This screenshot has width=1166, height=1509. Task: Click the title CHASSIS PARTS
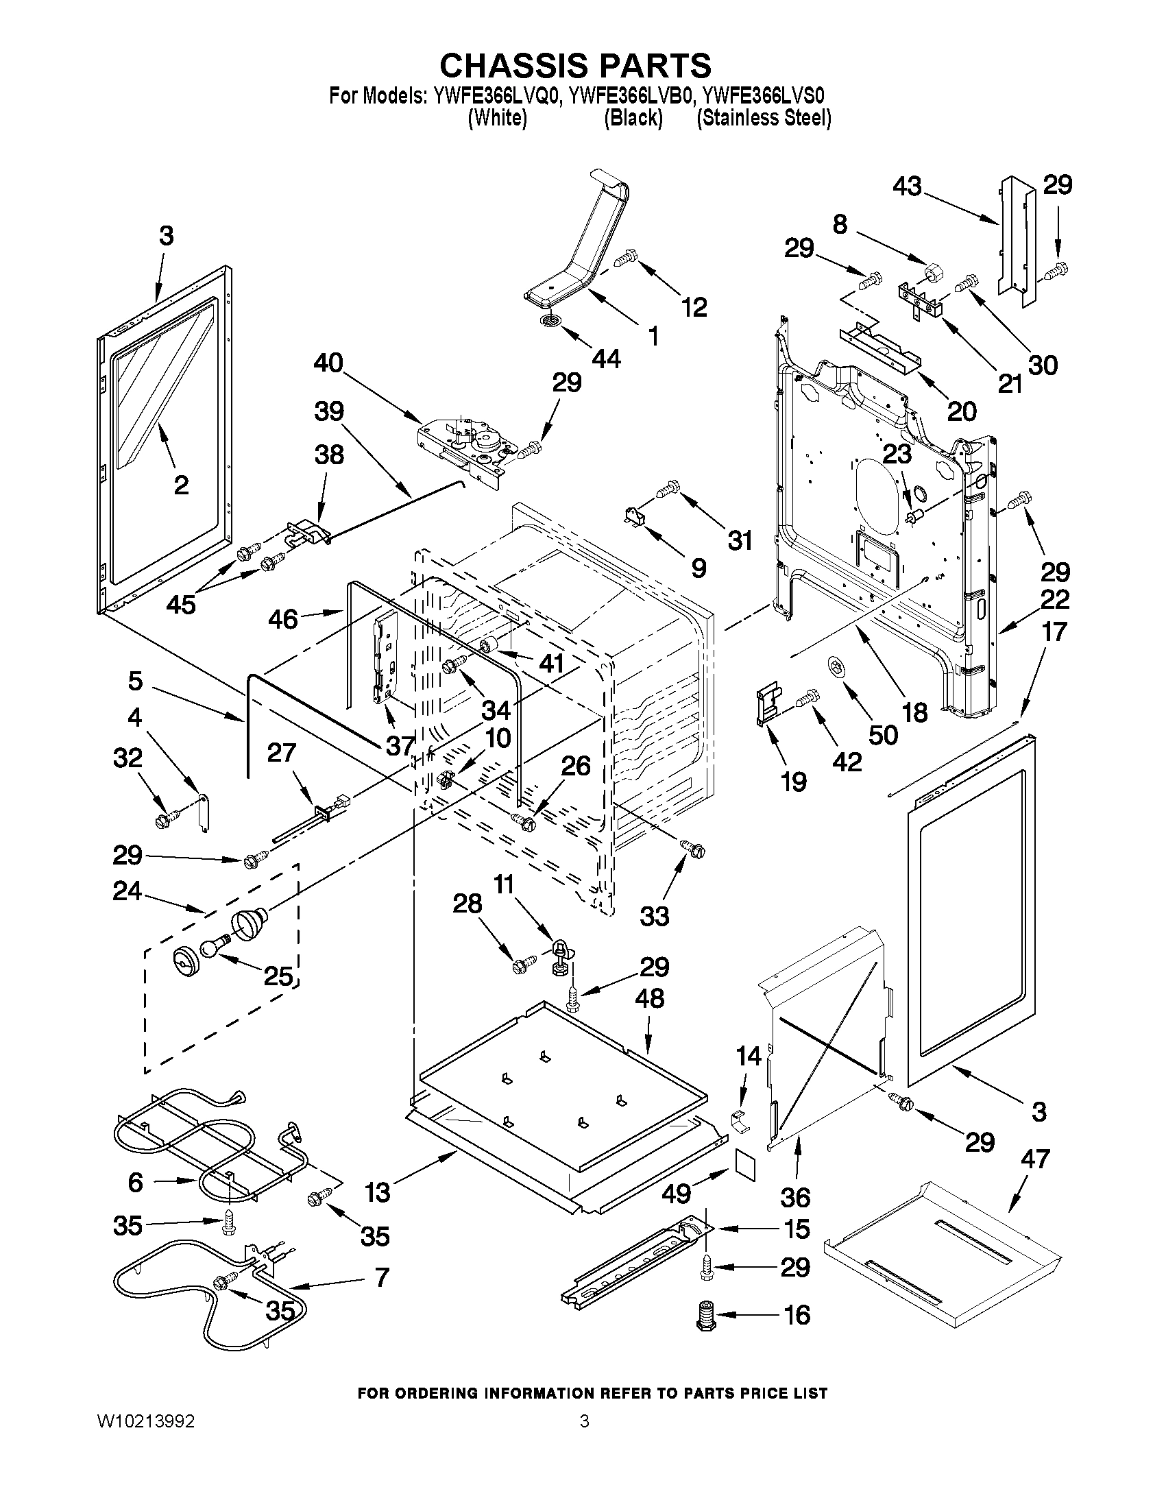[x=574, y=66]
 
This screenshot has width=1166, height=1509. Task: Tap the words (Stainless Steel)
[x=764, y=118]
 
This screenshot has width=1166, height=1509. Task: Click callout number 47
[x=1034, y=1159]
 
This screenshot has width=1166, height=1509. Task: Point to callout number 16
[x=797, y=1314]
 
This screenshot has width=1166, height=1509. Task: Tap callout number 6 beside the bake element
[x=136, y=1181]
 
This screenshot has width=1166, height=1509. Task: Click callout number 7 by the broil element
[x=381, y=1276]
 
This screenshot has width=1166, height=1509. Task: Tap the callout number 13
[x=377, y=1191]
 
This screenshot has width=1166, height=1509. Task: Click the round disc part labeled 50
[x=837, y=668]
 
